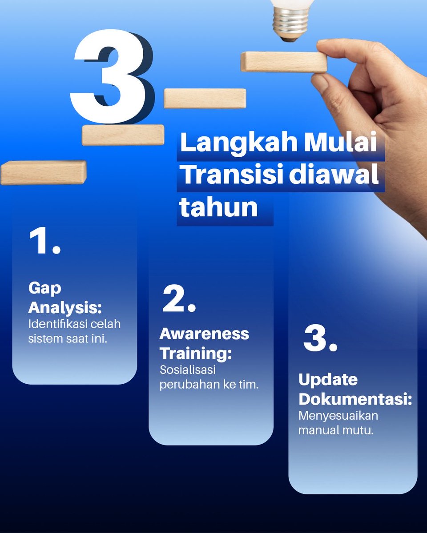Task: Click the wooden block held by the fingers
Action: [283, 61]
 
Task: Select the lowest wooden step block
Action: [43, 172]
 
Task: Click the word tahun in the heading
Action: [219, 207]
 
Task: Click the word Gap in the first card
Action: [45, 289]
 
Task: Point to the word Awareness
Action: [205, 334]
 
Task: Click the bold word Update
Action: [328, 380]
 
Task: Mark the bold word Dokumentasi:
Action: [355, 398]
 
